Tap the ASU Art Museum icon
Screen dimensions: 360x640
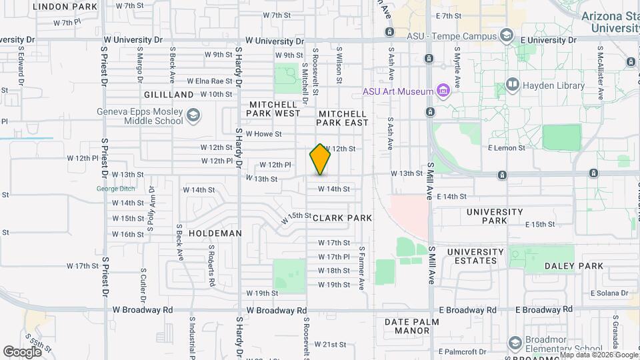(x=441, y=91)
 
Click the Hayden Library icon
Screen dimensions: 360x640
(x=512, y=85)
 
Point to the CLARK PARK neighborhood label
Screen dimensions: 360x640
(x=342, y=218)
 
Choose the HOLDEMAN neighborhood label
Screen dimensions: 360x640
(x=215, y=233)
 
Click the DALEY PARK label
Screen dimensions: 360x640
(x=574, y=266)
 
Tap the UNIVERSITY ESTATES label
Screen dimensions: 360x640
(x=475, y=257)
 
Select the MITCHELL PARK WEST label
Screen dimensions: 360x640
(x=275, y=109)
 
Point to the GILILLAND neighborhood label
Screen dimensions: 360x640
(x=168, y=95)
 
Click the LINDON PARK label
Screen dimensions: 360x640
(x=65, y=6)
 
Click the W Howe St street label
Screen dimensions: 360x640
(x=263, y=133)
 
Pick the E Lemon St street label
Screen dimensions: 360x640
(x=506, y=147)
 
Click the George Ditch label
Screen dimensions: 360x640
(x=111, y=189)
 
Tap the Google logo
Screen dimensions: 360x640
(x=23, y=351)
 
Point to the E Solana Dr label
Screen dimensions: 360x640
(x=610, y=293)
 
